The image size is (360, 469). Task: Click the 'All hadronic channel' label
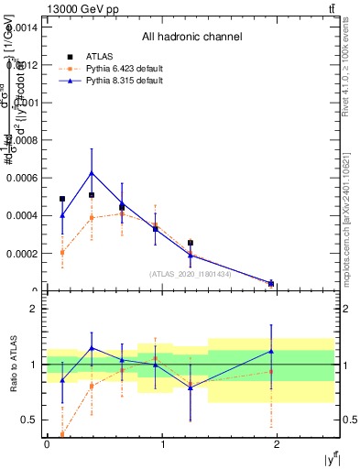pos(191,38)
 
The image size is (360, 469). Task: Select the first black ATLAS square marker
pos(62,199)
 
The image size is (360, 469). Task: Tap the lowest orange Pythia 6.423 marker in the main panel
pos(271,283)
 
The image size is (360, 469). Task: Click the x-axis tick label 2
pos(278,444)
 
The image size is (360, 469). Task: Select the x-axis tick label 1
pos(163,444)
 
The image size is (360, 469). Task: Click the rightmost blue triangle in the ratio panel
pos(271,351)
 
